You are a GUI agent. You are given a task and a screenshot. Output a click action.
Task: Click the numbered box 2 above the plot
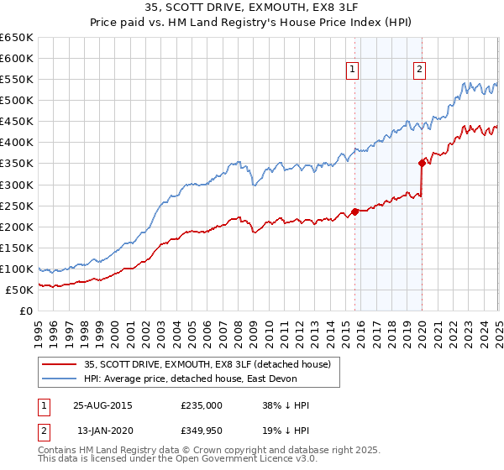[418, 70]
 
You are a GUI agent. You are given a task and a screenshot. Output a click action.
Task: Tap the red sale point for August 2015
[354, 211]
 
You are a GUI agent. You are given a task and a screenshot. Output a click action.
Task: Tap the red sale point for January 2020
[422, 163]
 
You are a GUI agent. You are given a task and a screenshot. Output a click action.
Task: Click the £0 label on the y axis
[26, 311]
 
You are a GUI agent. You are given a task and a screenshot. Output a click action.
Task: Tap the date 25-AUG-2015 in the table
[102, 405]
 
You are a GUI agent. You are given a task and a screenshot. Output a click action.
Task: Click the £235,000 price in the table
[202, 405]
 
